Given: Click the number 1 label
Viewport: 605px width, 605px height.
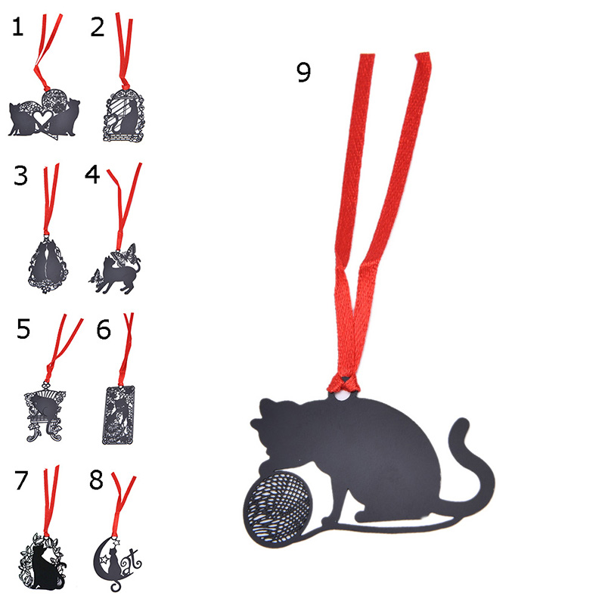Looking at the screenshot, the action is [x=17, y=27].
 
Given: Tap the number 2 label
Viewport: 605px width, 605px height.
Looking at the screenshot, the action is [x=98, y=27].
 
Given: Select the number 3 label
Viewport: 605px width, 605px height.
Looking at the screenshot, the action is [x=21, y=175].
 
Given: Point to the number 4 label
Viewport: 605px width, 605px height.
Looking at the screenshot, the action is [x=92, y=175].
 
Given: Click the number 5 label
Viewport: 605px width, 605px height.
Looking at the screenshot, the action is [x=23, y=329].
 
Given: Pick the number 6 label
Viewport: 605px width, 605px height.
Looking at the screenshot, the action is [x=104, y=330].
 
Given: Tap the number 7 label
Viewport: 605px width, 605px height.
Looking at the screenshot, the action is [x=21, y=480].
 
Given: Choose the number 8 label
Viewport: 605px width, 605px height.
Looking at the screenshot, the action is [x=97, y=480].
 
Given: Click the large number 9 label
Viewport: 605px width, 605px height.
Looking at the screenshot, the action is [x=304, y=72].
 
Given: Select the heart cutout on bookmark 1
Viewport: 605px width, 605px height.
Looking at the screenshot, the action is [x=42, y=117].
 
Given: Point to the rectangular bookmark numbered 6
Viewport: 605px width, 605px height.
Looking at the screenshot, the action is [x=119, y=414].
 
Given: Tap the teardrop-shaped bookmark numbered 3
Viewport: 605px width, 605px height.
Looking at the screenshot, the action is [x=48, y=264].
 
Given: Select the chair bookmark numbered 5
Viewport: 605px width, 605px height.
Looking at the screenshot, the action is [x=45, y=412].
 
